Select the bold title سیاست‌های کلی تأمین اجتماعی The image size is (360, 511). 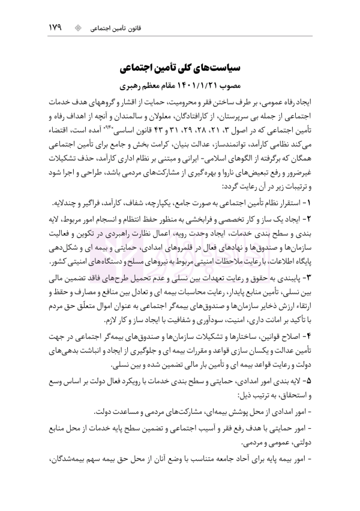pyautogui.click(x=180, y=64)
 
